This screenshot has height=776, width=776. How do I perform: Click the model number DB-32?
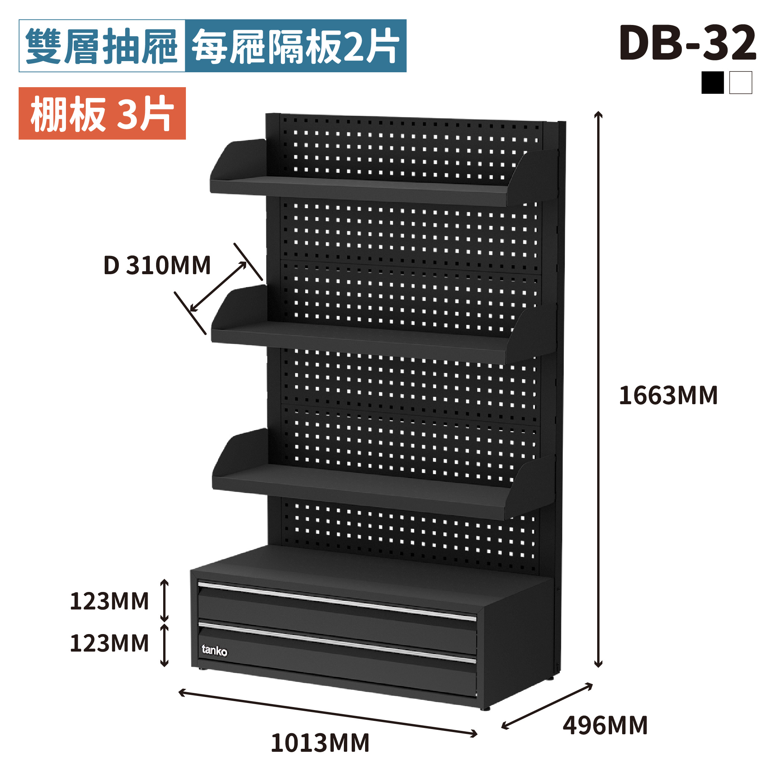(x=687, y=42)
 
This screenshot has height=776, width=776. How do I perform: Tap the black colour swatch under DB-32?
(x=712, y=82)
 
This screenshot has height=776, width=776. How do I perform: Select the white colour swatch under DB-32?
(x=740, y=82)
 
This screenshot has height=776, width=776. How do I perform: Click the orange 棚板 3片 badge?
(x=102, y=113)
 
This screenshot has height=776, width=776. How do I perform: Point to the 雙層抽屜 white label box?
(x=102, y=46)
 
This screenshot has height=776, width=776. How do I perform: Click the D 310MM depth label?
(x=157, y=265)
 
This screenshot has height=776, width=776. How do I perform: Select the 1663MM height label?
(x=668, y=395)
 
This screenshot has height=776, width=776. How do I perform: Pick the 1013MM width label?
(x=320, y=743)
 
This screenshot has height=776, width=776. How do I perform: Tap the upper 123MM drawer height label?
(x=109, y=601)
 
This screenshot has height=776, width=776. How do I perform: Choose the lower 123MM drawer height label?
(x=109, y=643)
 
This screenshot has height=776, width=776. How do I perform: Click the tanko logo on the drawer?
(x=214, y=650)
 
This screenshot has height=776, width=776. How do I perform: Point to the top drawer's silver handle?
(x=338, y=600)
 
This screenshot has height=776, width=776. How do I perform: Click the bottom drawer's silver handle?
(x=338, y=642)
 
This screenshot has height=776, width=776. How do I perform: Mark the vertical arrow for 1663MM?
(x=598, y=390)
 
